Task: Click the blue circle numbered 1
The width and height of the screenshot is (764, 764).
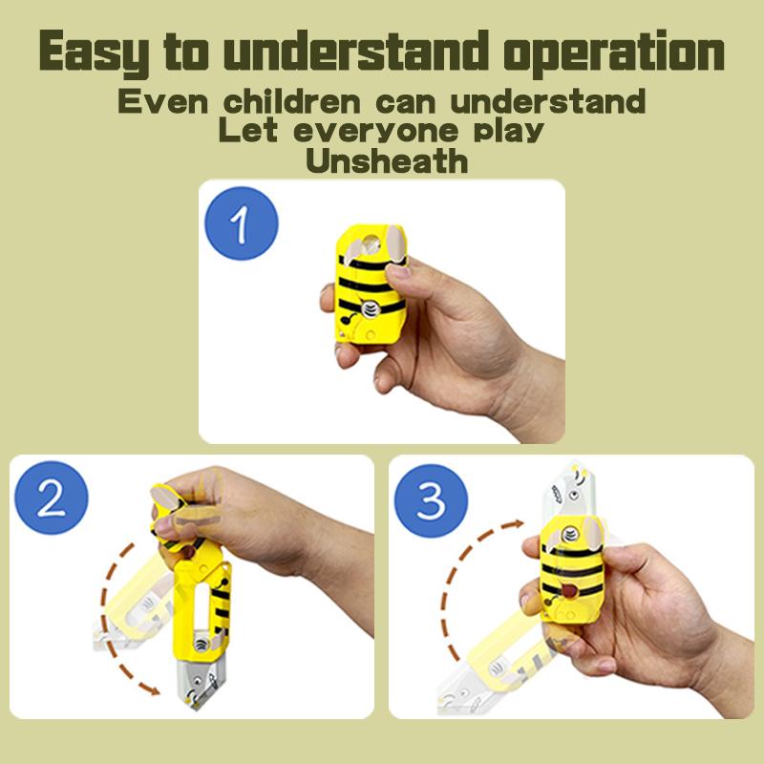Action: (242, 223)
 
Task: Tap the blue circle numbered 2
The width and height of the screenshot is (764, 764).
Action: (52, 498)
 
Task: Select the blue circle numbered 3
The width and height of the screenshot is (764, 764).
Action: (431, 500)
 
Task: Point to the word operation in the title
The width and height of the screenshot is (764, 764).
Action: (614, 53)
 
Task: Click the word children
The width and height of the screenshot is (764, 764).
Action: (292, 101)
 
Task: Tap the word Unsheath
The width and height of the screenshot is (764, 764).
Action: (387, 160)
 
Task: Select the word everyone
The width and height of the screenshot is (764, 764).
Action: (375, 132)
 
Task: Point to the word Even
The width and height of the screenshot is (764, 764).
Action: (162, 101)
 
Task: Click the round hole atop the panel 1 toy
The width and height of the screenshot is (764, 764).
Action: (371, 244)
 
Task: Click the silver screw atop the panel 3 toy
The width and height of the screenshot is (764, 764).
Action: (570, 534)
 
